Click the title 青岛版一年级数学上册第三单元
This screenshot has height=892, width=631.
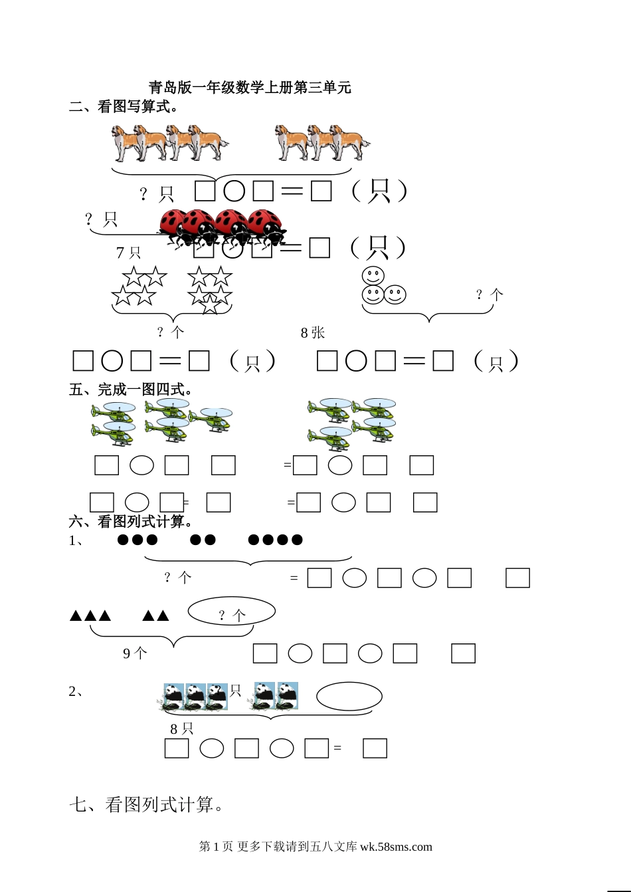tap(250, 87)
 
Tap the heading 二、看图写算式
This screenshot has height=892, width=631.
tap(123, 106)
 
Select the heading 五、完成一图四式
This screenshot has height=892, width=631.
tap(130, 389)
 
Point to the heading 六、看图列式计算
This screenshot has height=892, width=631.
tap(130, 521)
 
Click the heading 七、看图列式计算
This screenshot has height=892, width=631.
tap(146, 804)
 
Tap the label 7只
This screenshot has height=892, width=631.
tap(128, 253)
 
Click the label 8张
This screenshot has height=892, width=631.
tap(313, 332)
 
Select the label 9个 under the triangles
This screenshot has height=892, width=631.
tap(135, 653)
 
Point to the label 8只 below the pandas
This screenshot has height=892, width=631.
tap(182, 728)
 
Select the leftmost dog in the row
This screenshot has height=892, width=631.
tap(124, 142)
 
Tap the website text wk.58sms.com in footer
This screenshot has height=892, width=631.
tap(396, 847)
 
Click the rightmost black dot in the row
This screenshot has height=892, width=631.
tap(297, 540)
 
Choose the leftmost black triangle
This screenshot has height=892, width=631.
tap(76, 615)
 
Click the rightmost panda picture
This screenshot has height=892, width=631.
tap(288, 695)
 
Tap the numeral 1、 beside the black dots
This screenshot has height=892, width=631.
tap(76, 540)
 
